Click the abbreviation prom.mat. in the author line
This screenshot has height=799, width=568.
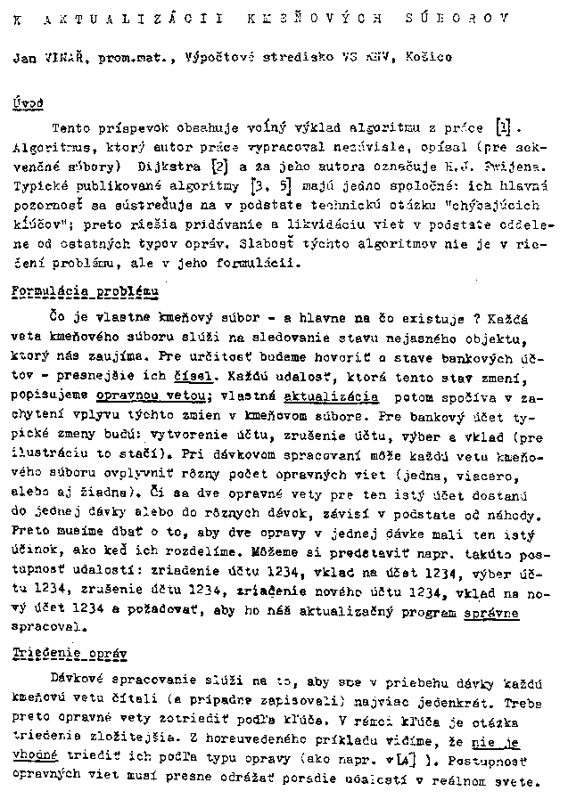(136, 59)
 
